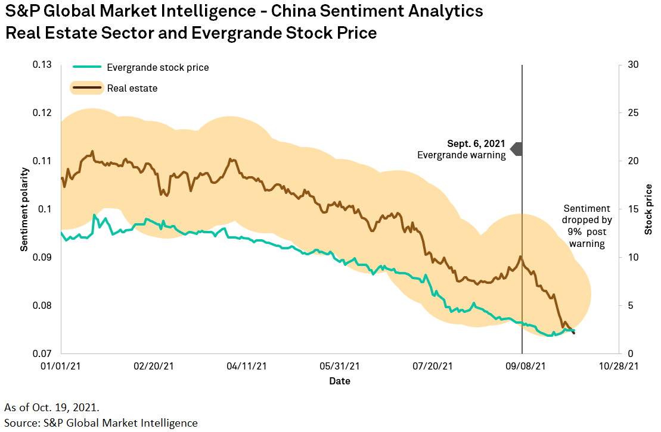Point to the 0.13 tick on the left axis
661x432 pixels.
pos(42,65)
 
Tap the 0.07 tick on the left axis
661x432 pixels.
pos(42,353)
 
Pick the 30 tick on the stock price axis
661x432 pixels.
pos(634,65)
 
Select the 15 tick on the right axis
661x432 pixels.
pos(634,209)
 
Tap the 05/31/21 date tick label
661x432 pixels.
pos(339,367)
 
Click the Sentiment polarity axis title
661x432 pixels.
pos(24,209)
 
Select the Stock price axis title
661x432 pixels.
pos(648,209)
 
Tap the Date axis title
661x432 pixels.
pos(339,381)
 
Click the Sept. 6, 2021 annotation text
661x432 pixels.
pos(476,144)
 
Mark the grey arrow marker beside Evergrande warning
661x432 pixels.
pos(517,149)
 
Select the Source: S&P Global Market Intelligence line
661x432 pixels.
pos(101,423)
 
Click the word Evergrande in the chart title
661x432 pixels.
pos(237,33)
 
